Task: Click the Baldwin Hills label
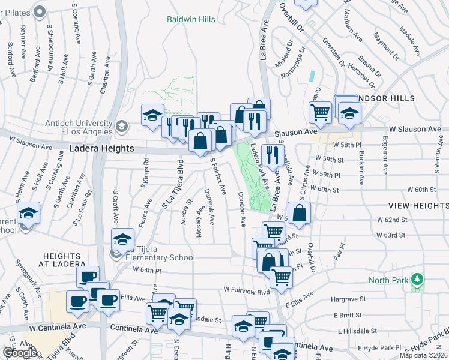point(191,20)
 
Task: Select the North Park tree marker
point(415,280)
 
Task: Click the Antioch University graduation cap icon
point(122,125)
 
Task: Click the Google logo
point(19,352)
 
